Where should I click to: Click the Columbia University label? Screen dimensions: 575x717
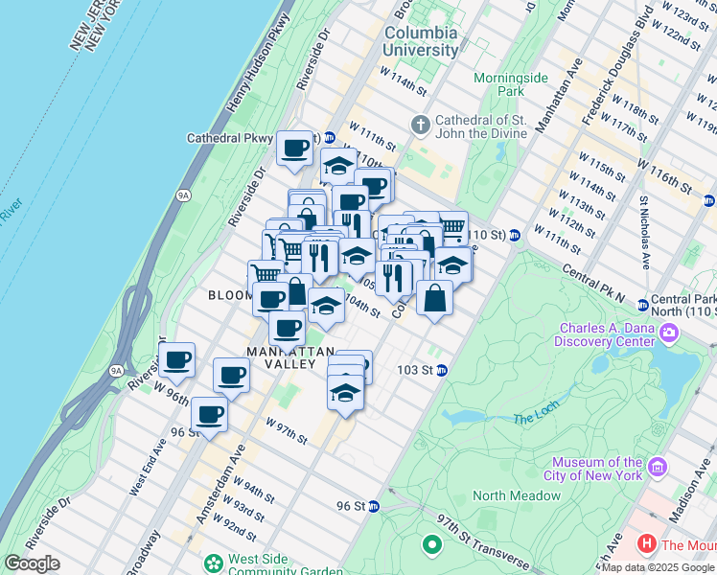(421, 41)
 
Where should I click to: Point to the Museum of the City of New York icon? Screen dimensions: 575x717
(658, 468)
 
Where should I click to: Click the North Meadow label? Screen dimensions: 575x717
(516, 495)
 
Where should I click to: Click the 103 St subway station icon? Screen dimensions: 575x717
(442, 370)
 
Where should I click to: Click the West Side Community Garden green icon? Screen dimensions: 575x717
(212, 563)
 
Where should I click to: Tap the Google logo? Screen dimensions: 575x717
(32, 563)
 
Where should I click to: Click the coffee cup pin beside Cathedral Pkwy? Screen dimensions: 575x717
(295, 148)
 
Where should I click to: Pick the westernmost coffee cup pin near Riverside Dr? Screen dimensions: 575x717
(177, 360)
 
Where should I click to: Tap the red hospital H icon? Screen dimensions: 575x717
(647, 545)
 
